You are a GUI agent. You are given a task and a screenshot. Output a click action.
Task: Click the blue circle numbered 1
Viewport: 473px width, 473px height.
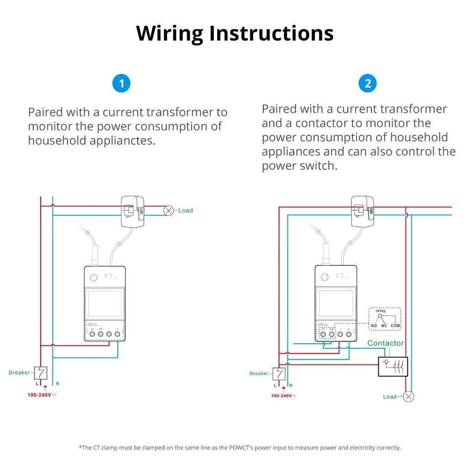tap(121, 84)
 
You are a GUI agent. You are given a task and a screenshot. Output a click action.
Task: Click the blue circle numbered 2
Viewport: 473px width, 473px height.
tap(368, 84)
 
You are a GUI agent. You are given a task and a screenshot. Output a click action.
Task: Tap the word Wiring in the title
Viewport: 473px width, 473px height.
tap(170, 33)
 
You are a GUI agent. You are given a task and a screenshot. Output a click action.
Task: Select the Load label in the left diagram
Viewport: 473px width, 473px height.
tap(185, 211)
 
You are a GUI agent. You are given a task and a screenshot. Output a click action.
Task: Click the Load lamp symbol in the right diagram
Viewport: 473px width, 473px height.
tap(409, 396)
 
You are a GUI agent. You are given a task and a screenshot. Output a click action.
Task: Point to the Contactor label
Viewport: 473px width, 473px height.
tap(385, 343)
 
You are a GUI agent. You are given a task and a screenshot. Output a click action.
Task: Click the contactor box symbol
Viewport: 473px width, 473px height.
tap(393, 366)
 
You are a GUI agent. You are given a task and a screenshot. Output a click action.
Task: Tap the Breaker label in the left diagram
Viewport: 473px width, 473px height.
tap(19, 373)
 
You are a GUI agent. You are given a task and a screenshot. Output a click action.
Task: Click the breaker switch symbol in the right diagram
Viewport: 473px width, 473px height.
tap(279, 373)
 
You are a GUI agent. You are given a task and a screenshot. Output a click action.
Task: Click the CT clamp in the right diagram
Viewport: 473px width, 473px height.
tap(363, 211)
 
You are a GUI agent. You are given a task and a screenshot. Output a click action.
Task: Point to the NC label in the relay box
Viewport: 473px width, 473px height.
tap(384, 326)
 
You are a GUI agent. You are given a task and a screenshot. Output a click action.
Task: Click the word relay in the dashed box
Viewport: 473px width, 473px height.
tap(381, 311)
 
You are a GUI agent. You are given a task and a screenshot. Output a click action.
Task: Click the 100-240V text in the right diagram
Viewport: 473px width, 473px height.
tap(281, 396)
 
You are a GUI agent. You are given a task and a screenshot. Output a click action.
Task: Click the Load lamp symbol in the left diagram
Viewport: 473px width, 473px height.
tap(169, 211)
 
